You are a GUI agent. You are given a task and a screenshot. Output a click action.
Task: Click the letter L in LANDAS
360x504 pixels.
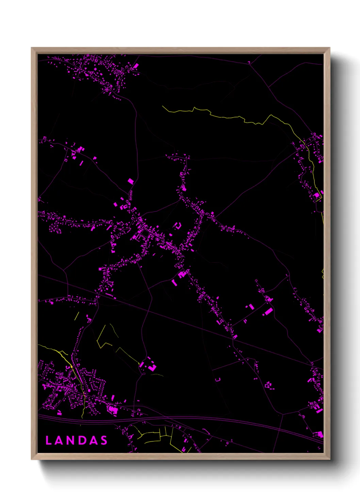[x=48, y=441]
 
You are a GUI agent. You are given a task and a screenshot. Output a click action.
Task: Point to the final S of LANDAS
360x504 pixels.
[x=104, y=441]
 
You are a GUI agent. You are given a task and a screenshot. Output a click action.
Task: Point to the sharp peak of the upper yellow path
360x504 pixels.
[x=271, y=115]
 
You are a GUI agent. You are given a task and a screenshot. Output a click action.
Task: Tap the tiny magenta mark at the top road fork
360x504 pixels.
[x=249, y=62]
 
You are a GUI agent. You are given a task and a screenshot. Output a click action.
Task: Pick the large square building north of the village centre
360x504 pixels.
[x=130, y=181]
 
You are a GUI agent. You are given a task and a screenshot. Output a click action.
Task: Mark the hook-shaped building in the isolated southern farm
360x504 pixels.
[x=153, y=367]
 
